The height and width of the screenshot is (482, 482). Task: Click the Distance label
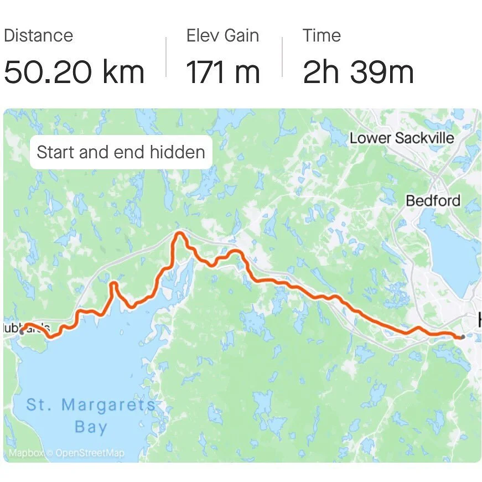coord(38,36)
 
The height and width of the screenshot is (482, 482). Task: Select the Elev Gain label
coord(222,36)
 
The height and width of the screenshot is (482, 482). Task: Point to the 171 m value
coord(222,72)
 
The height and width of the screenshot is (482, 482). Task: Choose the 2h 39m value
coord(358,72)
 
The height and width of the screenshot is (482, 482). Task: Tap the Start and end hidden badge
coord(121,152)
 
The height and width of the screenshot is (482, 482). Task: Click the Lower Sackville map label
coord(402,138)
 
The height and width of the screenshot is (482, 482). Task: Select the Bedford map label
coord(433,200)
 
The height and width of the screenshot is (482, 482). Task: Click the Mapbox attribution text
coord(27,454)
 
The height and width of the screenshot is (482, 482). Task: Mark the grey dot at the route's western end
coord(22,332)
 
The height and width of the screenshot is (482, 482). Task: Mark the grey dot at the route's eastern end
coord(462,336)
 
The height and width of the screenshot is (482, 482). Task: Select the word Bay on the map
coord(91,427)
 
